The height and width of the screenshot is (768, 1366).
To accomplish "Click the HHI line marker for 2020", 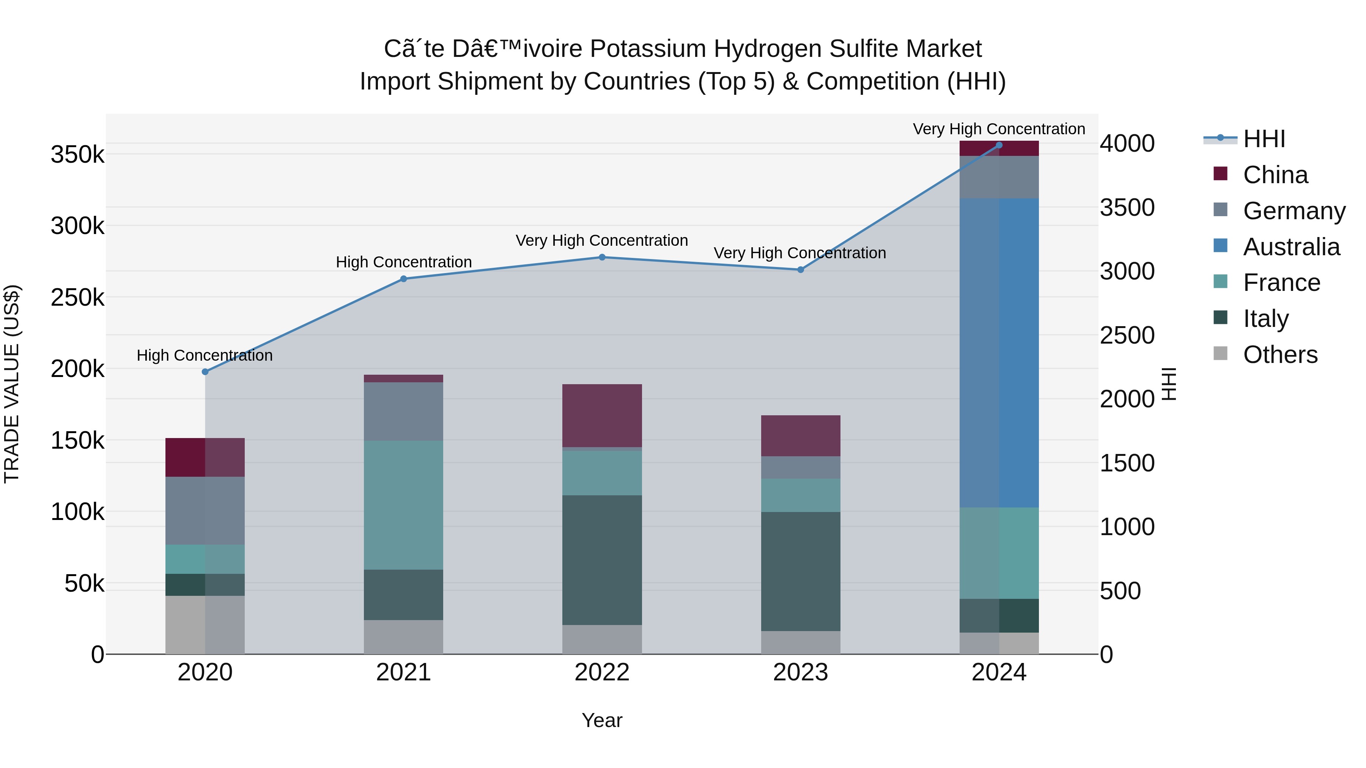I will [205, 372].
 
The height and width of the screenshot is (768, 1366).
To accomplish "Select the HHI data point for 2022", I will [602, 257].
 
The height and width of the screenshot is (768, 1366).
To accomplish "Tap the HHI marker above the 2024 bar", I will [999, 145].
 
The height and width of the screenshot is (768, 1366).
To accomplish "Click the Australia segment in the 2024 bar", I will [999, 352].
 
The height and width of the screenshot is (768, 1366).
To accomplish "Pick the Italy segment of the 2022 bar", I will [602, 560].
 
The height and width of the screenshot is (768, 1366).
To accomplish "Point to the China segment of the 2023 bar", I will [800, 436].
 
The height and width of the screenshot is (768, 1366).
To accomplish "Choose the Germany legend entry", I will [1294, 210].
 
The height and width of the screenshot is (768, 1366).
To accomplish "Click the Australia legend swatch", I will [1220, 246].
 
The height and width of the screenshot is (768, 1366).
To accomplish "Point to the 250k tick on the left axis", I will [77, 298].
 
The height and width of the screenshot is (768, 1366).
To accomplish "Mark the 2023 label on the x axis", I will [800, 672].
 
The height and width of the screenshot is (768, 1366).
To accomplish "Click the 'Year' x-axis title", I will [602, 720].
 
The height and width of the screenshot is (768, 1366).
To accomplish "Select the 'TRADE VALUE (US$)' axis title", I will [12, 384].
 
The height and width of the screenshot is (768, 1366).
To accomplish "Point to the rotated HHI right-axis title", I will [1169, 384].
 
